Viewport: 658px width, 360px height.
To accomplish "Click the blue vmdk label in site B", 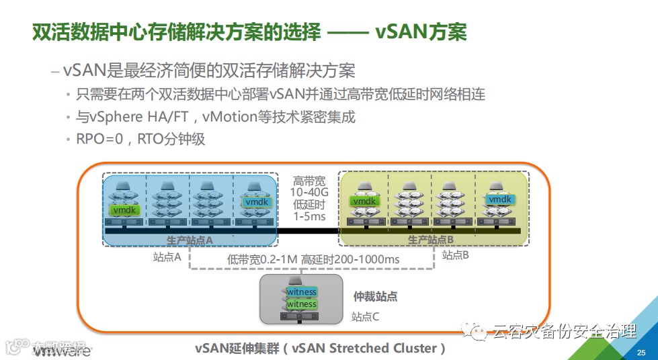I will pos(499,199).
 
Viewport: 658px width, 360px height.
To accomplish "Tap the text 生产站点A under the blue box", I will pos(190,239).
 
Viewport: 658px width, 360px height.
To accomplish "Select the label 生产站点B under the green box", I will pos(431,239).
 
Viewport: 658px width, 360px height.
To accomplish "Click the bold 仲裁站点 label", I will pos(375,296).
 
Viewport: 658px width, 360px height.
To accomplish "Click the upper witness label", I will pos(302,292).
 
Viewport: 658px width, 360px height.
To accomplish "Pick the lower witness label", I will pos(302,304).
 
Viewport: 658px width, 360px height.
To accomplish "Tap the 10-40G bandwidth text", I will pos(309,193).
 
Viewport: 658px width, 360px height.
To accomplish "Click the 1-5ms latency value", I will pos(309,216).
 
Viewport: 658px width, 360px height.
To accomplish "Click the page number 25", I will pos(641,353).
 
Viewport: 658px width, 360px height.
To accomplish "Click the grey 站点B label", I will pos(455,255).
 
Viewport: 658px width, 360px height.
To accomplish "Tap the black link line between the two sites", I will pos(309,231).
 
